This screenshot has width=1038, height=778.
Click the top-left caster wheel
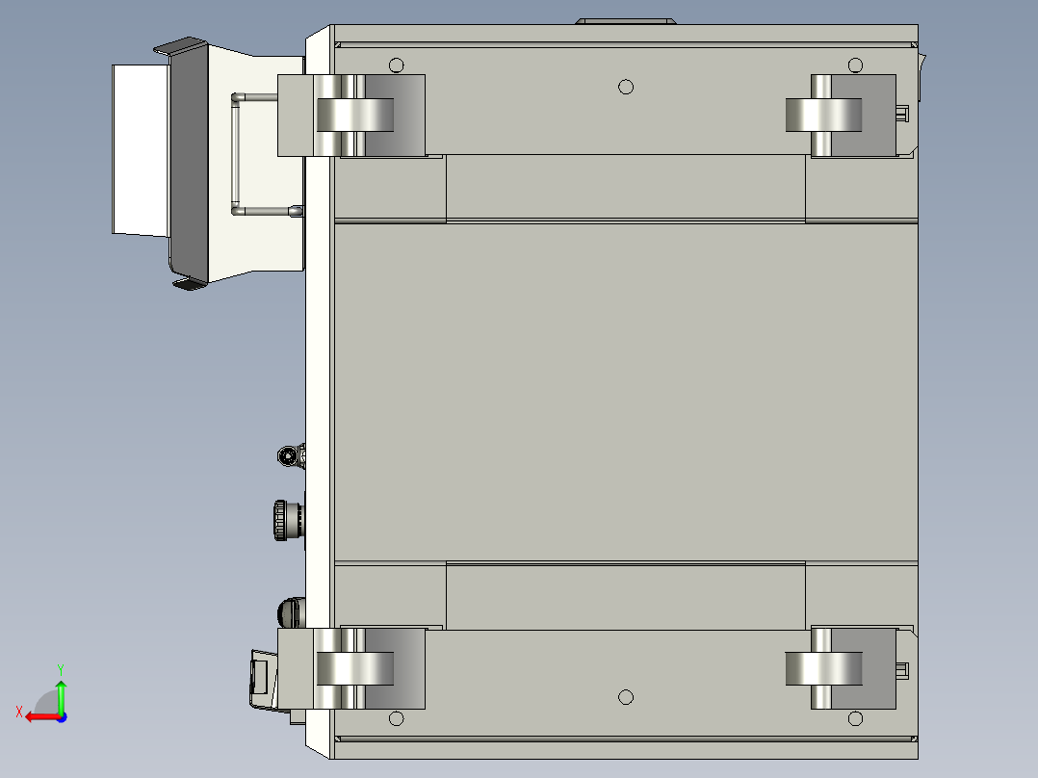[x=354, y=115]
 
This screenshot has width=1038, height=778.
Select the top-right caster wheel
[x=823, y=115]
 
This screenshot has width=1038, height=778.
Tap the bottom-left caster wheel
[x=354, y=668]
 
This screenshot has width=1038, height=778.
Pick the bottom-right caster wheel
[x=823, y=668]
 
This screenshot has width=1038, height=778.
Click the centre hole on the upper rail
[x=626, y=87]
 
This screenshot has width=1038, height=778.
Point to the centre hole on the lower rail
[x=626, y=696]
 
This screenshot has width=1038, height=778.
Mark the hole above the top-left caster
[x=396, y=65]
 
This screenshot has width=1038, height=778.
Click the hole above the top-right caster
[x=855, y=65]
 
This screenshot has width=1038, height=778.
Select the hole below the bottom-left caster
[x=396, y=718]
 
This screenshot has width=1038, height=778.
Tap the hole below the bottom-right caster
[x=855, y=718]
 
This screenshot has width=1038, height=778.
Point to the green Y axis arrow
[x=61, y=691]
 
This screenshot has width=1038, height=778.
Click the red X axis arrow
[x=39, y=715]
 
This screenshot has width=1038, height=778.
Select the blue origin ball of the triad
[x=61, y=716]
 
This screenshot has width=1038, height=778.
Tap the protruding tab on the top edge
[x=625, y=20]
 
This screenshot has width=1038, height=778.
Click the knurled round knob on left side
[x=287, y=521]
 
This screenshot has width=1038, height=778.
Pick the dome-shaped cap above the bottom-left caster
[x=288, y=611]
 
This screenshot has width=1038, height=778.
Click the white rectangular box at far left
[x=141, y=149]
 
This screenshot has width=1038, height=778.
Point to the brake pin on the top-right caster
[x=902, y=115]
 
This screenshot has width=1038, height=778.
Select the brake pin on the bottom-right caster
[x=902, y=670]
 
